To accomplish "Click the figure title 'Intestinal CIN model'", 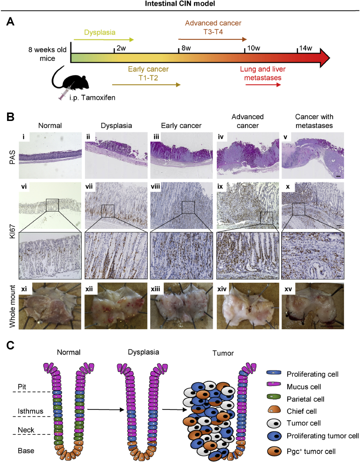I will click(180, 5).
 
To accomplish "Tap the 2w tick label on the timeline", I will click(121, 47).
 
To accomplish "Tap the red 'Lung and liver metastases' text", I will click(263, 73).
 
